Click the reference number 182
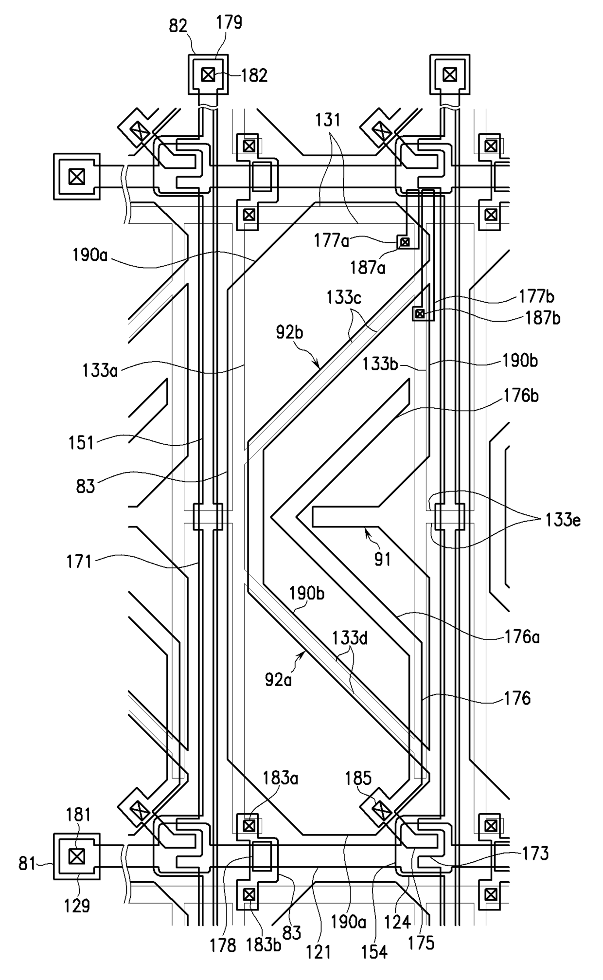coord(255,75)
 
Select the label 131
coord(328,120)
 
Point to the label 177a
coord(331,240)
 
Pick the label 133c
coord(344,297)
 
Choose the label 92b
coord(289,332)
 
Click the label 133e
coord(563,520)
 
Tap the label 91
coord(383,559)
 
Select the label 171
coord(79,562)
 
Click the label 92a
coord(278,679)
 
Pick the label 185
coord(358,778)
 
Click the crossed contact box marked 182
coord(208,75)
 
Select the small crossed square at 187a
coord(405,242)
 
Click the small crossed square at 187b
coord(419,314)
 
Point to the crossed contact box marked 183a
coord(249,826)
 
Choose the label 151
coord(81,443)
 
